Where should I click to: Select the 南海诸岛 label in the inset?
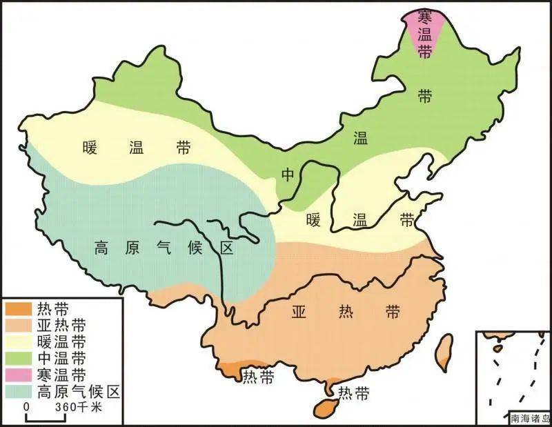[x=529, y=418]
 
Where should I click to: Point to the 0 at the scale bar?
[x=27, y=408]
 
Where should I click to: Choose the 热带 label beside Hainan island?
[x=352, y=394]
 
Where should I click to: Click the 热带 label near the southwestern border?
[x=257, y=377]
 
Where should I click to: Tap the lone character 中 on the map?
[x=288, y=175]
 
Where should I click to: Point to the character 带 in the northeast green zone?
[x=425, y=97]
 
